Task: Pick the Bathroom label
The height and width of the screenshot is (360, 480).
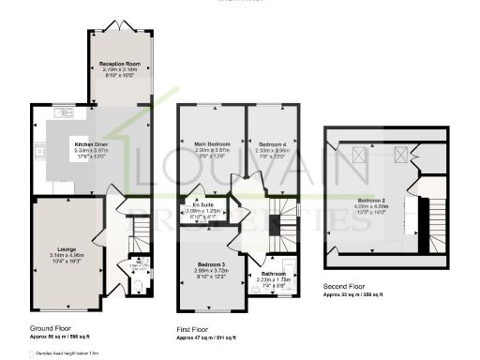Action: pos(278,274)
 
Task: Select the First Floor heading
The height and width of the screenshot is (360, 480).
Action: pos(195,329)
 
